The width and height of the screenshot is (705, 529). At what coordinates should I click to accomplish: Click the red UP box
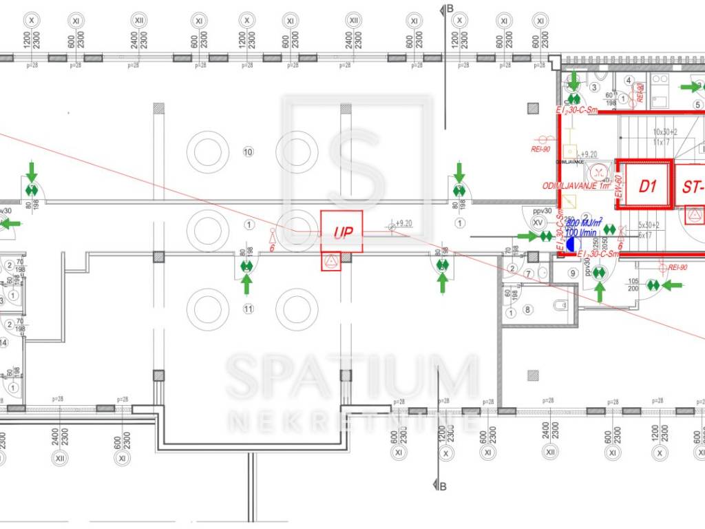click(x=341, y=232)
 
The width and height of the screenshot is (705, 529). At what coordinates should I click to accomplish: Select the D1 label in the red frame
click(x=646, y=186)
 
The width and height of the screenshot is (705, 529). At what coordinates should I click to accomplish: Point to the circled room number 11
click(x=249, y=309)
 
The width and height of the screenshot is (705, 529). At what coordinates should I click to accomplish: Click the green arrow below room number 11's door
click(x=246, y=284)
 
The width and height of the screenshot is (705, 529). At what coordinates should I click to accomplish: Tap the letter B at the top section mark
click(x=450, y=8)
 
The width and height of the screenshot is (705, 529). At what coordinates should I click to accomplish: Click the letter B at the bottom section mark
click(x=443, y=487)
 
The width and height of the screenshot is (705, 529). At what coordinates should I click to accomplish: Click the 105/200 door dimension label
click(x=633, y=284)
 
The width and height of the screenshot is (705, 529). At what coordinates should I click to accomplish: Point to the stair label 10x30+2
click(x=666, y=132)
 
